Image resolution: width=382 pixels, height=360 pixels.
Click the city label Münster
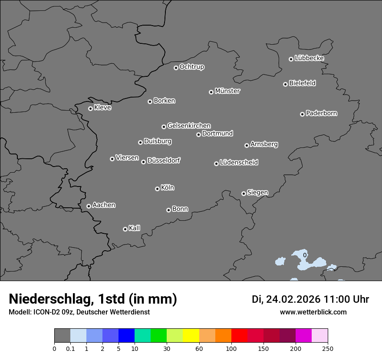[227, 91]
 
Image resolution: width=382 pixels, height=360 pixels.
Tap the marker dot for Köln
[157, 189]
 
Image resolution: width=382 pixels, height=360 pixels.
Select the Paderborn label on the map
[322, 113]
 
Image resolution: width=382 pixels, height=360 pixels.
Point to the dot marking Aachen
[89, 206]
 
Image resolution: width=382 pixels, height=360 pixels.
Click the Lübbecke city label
[310, 58]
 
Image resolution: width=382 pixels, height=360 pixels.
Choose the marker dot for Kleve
[90, 108]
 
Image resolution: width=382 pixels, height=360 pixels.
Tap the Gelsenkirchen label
[189, 126]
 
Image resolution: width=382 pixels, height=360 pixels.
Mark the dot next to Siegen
[244, 193]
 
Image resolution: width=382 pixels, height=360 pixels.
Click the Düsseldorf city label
[164, 160]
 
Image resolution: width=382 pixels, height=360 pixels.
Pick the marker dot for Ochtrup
[176, 68]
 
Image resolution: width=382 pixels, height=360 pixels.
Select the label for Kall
[135, 228]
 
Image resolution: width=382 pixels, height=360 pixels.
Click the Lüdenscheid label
[239, 163]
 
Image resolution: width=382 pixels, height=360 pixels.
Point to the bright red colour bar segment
[239, 336]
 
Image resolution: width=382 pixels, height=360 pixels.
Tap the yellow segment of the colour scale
[191, 336]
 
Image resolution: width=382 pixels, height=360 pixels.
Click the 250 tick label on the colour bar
[328, 349]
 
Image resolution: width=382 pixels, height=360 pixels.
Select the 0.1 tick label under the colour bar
[70, 349]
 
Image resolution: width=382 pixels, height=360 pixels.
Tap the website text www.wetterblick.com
[313, 312]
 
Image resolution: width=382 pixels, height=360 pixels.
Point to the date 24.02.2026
[293, 299]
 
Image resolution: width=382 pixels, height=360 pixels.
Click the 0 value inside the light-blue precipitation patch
[305, 255]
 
